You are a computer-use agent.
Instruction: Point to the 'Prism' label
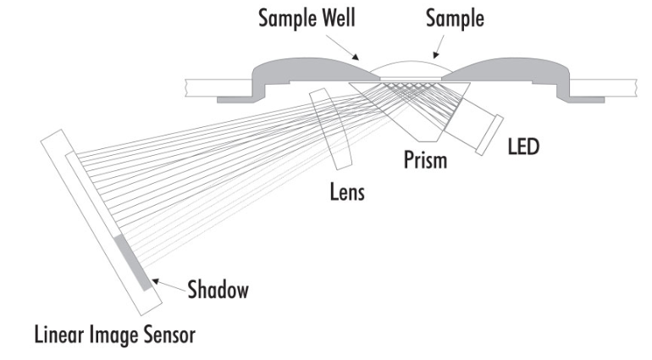coord(426,159)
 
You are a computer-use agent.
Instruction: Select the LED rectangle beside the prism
coord(489,135)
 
